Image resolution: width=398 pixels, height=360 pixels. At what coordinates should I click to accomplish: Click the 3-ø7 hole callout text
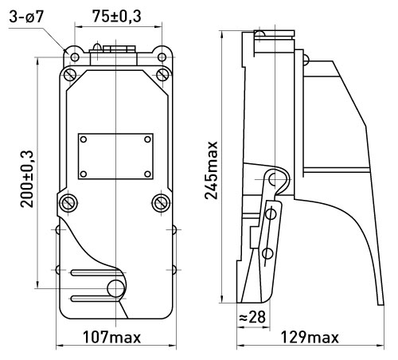tap(25, 18)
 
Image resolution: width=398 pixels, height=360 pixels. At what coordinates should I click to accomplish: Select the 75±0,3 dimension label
tap(117, 17)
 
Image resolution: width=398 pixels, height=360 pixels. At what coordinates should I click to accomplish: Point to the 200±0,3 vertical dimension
tap(27, 179)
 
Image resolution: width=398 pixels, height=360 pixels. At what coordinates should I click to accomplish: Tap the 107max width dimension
tap(111, 337)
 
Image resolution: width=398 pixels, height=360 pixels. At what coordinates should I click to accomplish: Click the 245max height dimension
tap(212, 170)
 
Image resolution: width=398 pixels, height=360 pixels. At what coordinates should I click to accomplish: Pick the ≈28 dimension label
tap(252, 317)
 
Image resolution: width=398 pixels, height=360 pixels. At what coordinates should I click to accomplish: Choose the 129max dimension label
tap(310, 338)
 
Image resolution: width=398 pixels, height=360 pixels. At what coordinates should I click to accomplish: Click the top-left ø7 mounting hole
tap(75, 57)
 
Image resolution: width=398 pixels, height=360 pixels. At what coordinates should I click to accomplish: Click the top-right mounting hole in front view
tap(162, 57)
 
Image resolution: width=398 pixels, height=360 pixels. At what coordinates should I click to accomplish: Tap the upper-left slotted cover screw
tap(70, 74)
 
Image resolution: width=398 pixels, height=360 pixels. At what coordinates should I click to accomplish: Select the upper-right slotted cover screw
tap(162, 74)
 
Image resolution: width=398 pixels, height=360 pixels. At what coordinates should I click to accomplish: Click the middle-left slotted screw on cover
tap(68, 204)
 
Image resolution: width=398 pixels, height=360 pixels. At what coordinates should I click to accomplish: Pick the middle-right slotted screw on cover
tap(161, 203)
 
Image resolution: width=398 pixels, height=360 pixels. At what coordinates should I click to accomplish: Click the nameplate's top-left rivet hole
tap(84, 139)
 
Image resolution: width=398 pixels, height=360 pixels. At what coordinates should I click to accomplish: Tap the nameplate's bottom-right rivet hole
tap(147, 174)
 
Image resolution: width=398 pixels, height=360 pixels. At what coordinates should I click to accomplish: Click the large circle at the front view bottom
tap(115, 288)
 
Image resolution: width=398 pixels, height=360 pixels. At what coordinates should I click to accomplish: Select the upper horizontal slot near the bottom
tap(97, 272)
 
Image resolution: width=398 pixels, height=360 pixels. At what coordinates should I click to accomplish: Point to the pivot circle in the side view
tap(274, 179)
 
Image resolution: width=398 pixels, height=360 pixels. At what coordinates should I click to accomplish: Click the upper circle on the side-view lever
tap(271, 213)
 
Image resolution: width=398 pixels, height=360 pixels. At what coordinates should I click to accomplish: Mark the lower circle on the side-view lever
tap(267, 253)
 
